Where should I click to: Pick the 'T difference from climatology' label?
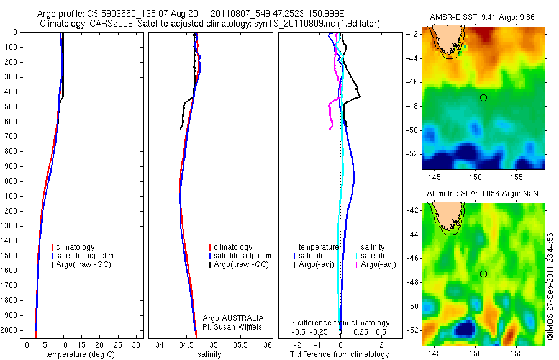340,354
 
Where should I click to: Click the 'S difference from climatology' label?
340,323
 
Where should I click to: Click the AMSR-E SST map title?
483,17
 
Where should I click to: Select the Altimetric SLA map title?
483,194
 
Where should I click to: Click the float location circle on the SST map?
483,97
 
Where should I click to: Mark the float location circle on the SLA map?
483,274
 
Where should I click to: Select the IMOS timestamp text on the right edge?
550,286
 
